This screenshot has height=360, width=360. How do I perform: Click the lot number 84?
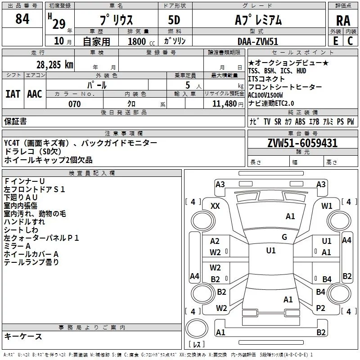coord(22,19)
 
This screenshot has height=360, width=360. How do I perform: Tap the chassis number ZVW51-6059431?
coord(302,143)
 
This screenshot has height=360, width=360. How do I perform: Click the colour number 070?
coord(74,104)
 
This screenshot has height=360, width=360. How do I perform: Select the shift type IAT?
coord(13,94)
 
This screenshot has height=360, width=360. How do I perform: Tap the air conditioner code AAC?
coord(34,94)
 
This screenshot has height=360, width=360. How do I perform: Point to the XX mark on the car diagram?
coord(215,206)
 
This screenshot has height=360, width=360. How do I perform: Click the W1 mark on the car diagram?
coord(327,206)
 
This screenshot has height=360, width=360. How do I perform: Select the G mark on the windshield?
coord(284,237)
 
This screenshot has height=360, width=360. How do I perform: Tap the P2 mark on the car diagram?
coord(320,308)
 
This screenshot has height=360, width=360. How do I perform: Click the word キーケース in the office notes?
coord(23,336)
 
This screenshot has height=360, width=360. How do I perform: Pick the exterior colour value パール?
coord(97,85)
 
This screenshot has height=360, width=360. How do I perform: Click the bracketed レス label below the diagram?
coord(197,345)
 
